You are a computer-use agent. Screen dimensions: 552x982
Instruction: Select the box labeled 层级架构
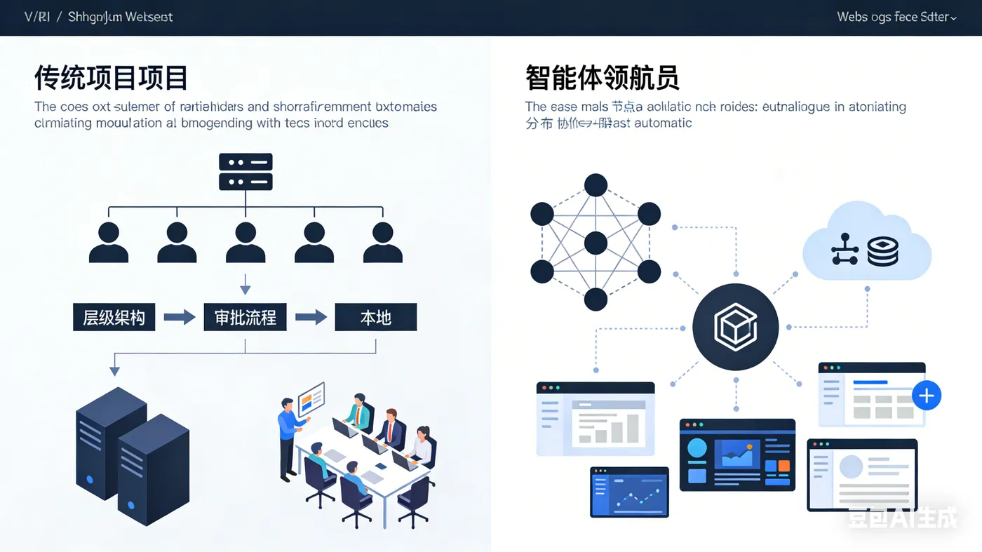tap(114, 318)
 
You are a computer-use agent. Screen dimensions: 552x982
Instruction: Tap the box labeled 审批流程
tap(245, 318)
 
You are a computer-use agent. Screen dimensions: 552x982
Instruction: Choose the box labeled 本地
tap(375, 318)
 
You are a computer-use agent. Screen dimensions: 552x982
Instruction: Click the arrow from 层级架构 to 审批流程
tap(180, 318)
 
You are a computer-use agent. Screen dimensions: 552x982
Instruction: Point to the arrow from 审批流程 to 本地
tap(311, 318)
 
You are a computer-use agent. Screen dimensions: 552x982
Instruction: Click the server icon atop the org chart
tap(245, 172)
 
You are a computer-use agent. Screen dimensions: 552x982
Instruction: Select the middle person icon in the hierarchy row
tap(245, 242)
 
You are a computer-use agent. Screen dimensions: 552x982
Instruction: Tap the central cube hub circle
tap(735, 327)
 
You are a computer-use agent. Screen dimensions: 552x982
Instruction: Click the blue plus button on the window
tap(926, 396)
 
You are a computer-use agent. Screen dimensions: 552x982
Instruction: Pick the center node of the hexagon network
tap(596, 243)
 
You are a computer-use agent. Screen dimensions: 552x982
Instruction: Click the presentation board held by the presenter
tap(311, 400)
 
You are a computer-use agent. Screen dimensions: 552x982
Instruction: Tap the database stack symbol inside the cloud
tap(882, 251)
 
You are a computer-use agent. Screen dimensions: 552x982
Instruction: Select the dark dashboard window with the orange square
tap(737, 455)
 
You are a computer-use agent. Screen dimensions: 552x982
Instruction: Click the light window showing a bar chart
tap(595, 419)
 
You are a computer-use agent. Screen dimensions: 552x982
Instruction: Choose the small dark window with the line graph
tap(629, 492)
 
